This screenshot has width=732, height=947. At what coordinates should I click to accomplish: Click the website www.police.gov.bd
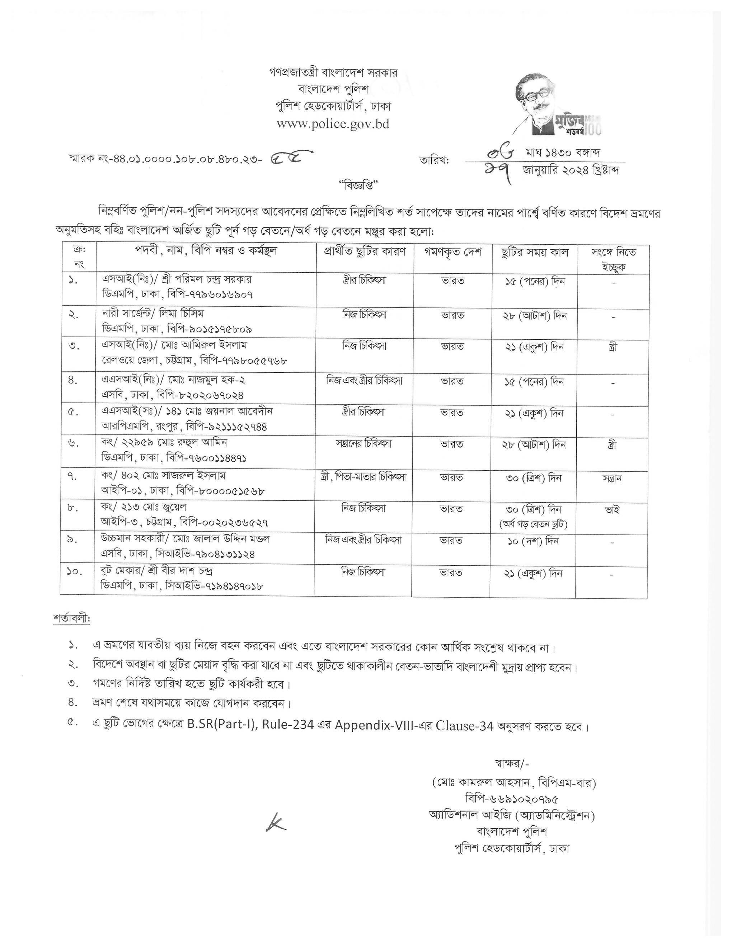point(333,124)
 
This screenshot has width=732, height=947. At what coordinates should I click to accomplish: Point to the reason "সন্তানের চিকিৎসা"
point(363,444)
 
